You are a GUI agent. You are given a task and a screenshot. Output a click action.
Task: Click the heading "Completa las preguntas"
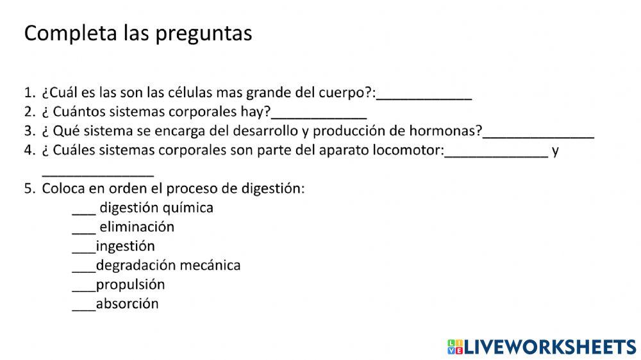[x=138, y=33]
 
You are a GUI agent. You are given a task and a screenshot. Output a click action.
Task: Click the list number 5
[x=28, y=189]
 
